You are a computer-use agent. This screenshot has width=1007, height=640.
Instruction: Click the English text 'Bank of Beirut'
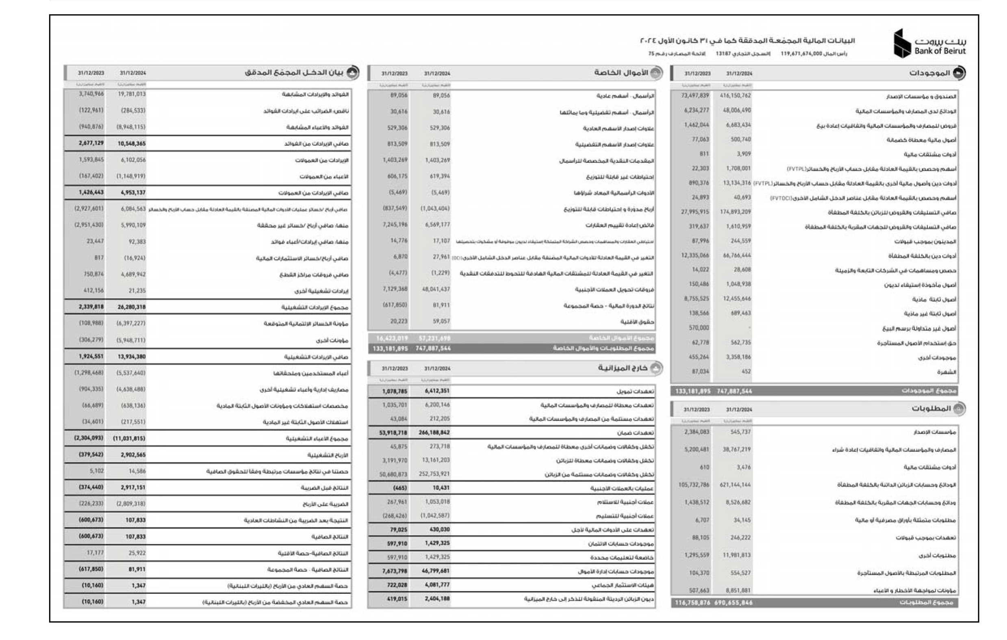tap(940, 51)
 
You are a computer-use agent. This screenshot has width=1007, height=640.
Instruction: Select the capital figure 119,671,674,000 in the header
tap(801, 54)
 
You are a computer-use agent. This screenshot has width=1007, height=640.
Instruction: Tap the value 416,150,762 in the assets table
tap(735, 96)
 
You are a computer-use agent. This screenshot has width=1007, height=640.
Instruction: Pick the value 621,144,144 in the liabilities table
tap(735, 485)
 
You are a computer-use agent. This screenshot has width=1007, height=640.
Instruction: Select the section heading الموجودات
tap(930, 73)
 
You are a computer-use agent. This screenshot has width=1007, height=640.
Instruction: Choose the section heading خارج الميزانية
tap(623, 368)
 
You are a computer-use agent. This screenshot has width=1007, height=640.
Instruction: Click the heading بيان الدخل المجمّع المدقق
tap(293, 72)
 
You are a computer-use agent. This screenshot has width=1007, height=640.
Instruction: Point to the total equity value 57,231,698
tap(434, 338)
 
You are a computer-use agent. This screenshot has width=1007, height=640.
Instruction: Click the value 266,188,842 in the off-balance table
tap(434, 432)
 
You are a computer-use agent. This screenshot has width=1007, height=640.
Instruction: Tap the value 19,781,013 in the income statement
tap(132, 94)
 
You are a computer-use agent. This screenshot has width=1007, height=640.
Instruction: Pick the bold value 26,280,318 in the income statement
tap(132, 307)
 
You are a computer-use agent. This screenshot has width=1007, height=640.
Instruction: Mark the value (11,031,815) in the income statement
tap(129, 438)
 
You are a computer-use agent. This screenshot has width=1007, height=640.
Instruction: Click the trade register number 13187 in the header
tap(723, 54)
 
